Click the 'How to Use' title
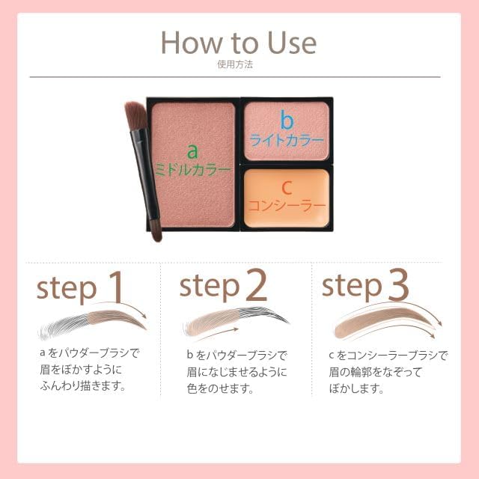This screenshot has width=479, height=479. click(239, 43)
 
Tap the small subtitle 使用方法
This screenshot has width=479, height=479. click(239, 65)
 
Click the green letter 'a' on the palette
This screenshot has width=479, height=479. click(192, 150)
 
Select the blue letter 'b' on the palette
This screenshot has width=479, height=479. click(284, 120)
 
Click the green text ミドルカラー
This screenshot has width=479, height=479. click(192, 170)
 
